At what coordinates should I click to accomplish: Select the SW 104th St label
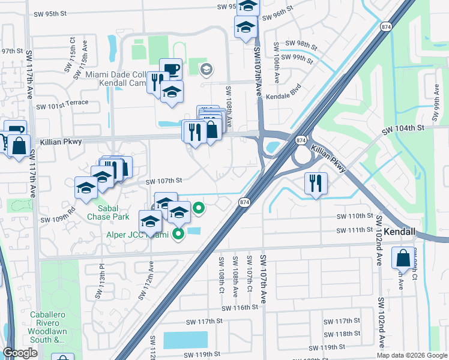[403, 128]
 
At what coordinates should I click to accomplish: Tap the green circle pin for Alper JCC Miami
[178, 234]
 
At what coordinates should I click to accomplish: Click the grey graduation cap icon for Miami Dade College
[206, 70]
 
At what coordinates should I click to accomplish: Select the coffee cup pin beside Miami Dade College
[170, 68]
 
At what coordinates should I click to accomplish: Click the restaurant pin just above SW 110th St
[316, 183]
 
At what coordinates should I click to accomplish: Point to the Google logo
[20, 353]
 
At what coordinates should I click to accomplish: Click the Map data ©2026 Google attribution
[411, 355]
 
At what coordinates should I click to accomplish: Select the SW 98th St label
[301, 44]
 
